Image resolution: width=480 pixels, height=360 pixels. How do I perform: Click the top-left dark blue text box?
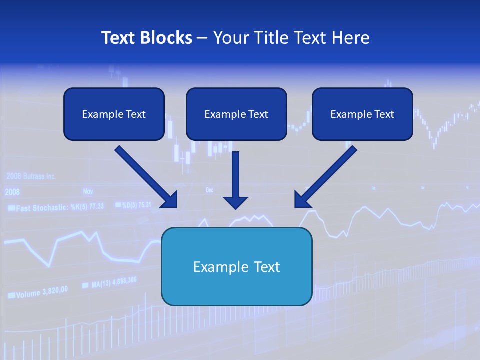114,114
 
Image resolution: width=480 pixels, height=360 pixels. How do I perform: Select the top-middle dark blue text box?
236,114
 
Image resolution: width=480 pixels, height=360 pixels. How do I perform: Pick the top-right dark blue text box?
362,114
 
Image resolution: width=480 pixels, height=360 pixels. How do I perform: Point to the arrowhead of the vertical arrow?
235,202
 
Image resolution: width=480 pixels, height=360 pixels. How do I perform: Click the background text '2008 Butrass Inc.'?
31,176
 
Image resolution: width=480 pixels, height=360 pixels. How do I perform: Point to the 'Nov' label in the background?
88,191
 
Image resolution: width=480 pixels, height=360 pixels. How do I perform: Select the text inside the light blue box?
236,267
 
